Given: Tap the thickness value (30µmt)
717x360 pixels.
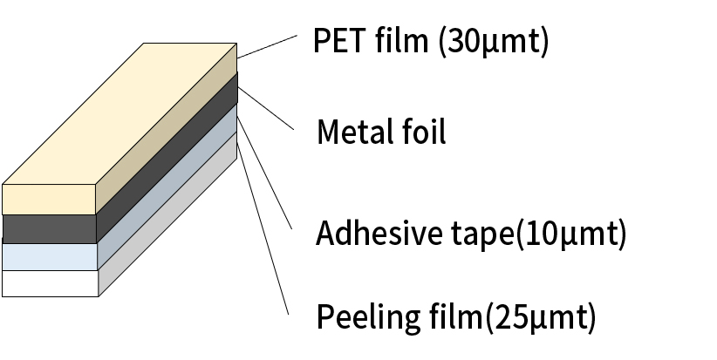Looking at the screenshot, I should point(495,42).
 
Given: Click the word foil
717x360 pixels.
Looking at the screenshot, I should point(424,132).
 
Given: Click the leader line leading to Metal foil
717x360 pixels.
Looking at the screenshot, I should point(266,109).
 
